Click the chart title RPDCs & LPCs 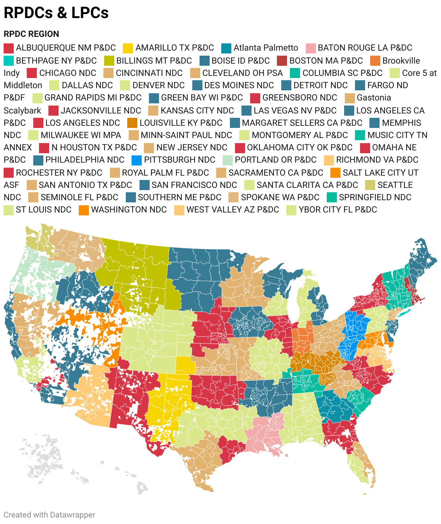click(x=56, y=13)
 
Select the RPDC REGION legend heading click(x=31, y=34)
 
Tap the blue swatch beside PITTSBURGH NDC click(x=136, y=160)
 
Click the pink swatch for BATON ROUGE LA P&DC click(x=311, y=48)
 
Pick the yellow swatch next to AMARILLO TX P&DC click(x=128, y=48)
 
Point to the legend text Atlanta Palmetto click(x=266, y=48)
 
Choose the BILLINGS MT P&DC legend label click(x=154, y=60)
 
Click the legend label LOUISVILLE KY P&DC click(x=181, y=123)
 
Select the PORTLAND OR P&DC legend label click(x=275, y=160)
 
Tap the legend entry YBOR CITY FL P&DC click(x=338, y=210)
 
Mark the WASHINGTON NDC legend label click(x=129, y=210)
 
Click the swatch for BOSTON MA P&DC click(x=282, y=61)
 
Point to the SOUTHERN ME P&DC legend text click(x=179, y=197)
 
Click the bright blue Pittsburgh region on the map click(x=354, y=329)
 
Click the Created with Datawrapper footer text click(x=50, y=515)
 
